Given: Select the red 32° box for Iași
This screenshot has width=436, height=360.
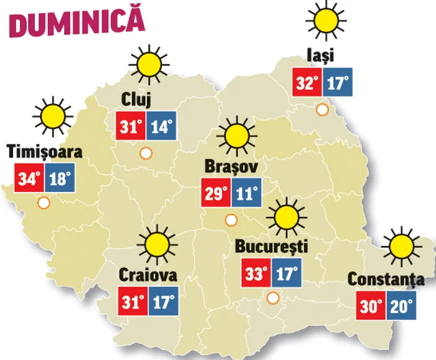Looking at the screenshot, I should coord(308,82).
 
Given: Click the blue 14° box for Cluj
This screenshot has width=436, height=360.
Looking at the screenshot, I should coord(161,126).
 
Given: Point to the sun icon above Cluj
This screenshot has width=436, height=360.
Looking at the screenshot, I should coord(149,64).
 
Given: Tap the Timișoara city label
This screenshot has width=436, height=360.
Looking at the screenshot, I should coord(44,152).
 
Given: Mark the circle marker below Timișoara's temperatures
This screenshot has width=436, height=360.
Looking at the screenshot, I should coord(44,203).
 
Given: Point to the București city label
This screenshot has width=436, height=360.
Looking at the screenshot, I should coord(272,246).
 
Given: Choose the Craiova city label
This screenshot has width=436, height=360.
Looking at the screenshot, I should coord(148,275).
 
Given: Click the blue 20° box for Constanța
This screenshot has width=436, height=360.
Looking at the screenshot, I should coord(400,306).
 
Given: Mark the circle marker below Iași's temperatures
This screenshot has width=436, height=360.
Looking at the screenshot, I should coord(322,110).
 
